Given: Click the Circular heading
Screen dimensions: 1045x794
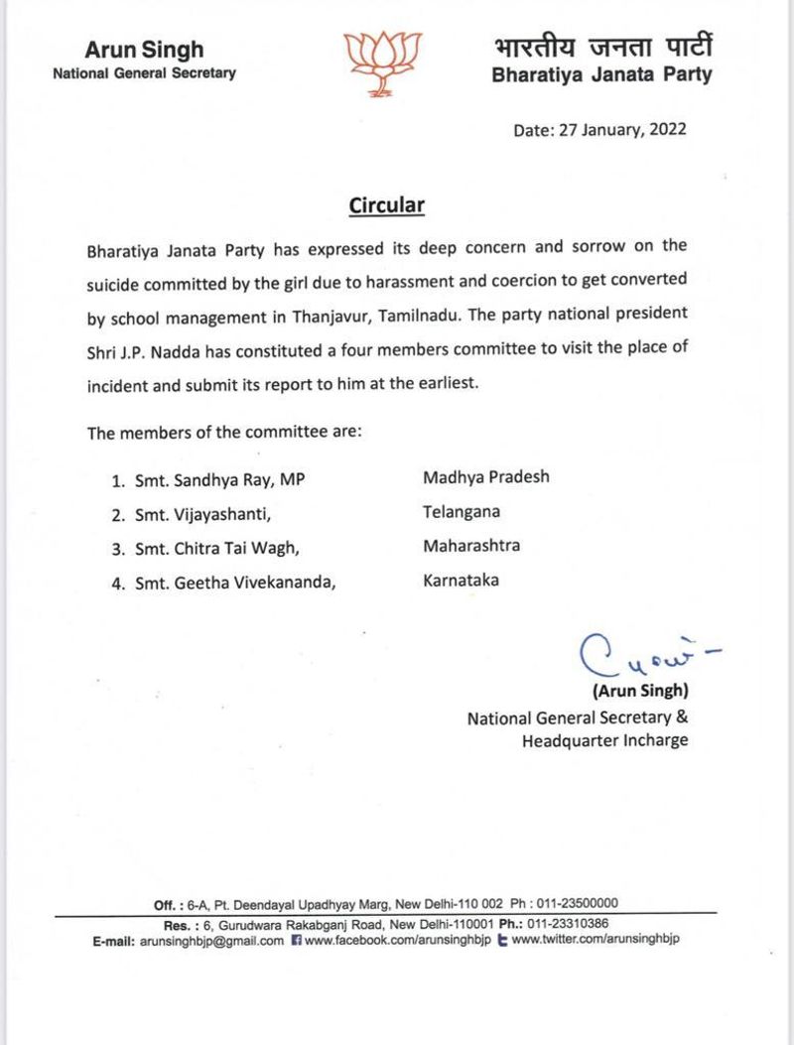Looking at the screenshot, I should pyautogui.click(x=387, y=205).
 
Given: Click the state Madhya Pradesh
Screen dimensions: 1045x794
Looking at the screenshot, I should pyautogui.click(x=486, y=476).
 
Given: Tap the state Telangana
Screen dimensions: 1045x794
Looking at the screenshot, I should pyautogui.click(x=462, y=511).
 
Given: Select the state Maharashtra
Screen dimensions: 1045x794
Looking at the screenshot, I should pyautogui.click(x=471, y=545).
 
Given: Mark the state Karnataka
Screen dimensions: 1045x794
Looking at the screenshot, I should pyautogui.click(x=462, y=580).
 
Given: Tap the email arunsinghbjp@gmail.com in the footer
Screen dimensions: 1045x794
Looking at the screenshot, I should pyautogui.click(x=212, y=940).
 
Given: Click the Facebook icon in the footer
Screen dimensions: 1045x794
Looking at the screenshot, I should pyautogui.click(x=296, y=940).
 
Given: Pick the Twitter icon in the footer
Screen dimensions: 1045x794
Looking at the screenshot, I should pyautogui.click(x=502, y=940).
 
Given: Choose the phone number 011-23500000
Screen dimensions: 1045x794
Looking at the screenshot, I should pyautogui.click(x=578, y=904).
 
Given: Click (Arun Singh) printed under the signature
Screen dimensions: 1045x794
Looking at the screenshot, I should pyautogui.click(x=640, y=691).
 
